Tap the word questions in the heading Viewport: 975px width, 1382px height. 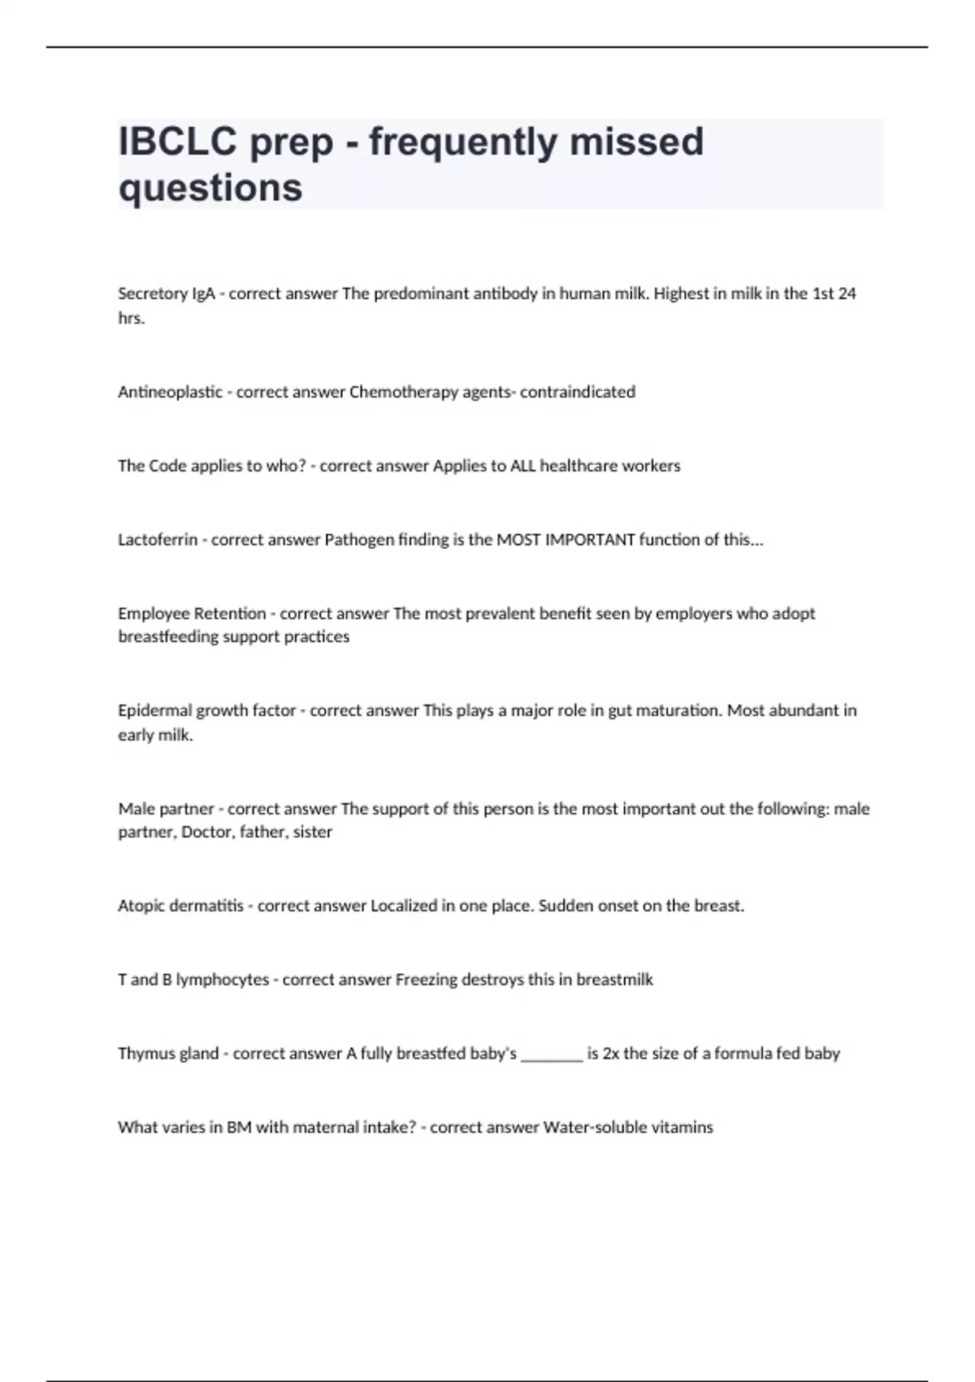pyautogui.click(x=210, y=188)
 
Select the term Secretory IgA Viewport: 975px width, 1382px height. pyautogui.click(x=167, y=293)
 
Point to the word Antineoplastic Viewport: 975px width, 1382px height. pyautogui.click(x=170, y=392)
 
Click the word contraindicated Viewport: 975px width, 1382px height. pyautogui.click(x=578, y=392)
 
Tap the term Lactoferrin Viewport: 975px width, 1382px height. pyautogui.click(x=158, y=540)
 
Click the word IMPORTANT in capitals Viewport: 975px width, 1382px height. pyautogui.click(x=590, y=540)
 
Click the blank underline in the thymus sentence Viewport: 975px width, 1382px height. pyautogui.click(x=552, y=1057)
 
